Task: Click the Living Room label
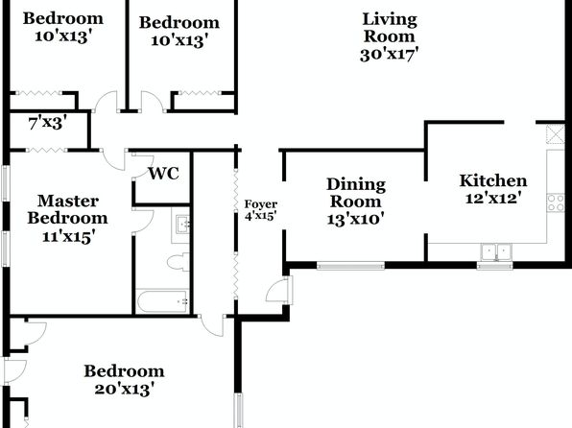click(390, 28)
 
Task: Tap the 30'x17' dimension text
click(389, 55)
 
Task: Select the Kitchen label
click(493, 180)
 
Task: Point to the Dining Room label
click(356, 193)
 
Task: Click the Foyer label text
click(261, 204)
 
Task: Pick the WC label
click(163, 174)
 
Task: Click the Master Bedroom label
click(67, 209)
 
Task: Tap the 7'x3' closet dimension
click(48, 123)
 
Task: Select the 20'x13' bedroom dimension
click(123, 389)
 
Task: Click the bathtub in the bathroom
click(162, 301)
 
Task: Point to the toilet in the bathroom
click(179, 262)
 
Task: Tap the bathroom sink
click(181, 224)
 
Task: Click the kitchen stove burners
click(556, 202)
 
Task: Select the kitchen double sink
click(496, 252)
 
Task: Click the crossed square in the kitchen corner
click(556, 134)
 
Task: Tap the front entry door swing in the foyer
click(276, 291)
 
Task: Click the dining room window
click(350, 266)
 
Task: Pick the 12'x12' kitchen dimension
click(493, 199)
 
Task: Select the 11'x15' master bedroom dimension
click(69, 237)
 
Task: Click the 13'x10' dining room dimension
click(356, 220)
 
